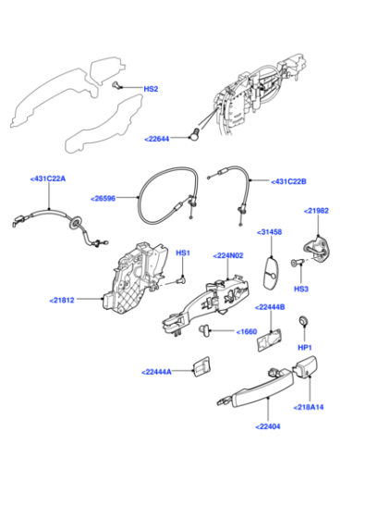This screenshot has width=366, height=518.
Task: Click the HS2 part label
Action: pos(151,89)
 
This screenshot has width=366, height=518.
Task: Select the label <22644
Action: pos(157,139)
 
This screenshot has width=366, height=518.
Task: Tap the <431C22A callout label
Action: pos(48,179)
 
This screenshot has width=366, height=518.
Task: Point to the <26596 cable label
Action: pos(103,199)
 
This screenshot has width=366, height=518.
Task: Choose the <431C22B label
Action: pos(288,181)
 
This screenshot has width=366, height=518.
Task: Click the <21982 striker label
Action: pos(316,211)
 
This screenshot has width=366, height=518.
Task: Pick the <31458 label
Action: pos(269,232)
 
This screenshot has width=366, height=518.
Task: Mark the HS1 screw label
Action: pos(183,253)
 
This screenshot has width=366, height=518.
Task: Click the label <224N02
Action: pos(228,255)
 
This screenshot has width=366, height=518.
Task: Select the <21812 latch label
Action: pos(62,301)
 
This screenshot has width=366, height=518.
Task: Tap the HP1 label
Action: pos(305,348)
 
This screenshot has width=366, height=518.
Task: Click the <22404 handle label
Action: pos(268,426)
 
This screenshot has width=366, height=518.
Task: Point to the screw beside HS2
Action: pos(116,85)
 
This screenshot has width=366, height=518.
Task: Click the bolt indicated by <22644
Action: pos(194,134)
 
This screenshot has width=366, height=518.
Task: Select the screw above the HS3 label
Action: pos(298,263)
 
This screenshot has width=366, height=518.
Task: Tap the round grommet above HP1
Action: pos(303,320)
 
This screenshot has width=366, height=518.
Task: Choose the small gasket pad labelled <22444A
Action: pos(201,366)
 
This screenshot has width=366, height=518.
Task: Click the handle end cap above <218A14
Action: pos(305,366)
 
